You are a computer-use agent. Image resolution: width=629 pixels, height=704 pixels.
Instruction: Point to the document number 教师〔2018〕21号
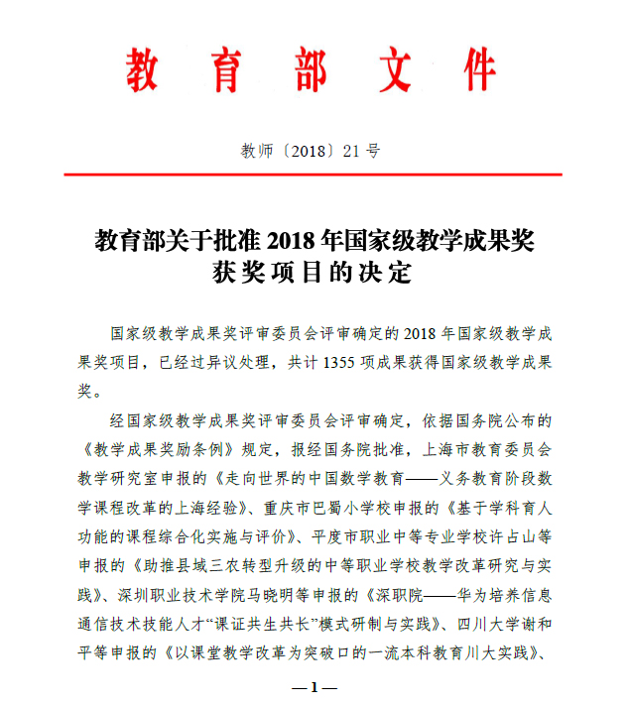click(311, 151)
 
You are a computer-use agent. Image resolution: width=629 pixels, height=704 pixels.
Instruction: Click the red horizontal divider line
click(314, 176)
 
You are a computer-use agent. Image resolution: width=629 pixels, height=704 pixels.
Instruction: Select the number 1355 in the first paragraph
click(340, 363)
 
